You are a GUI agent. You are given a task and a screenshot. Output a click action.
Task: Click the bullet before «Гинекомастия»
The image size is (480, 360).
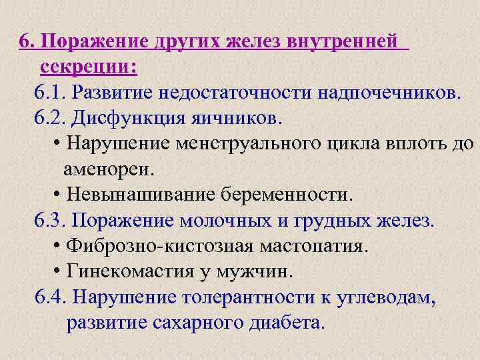55,272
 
